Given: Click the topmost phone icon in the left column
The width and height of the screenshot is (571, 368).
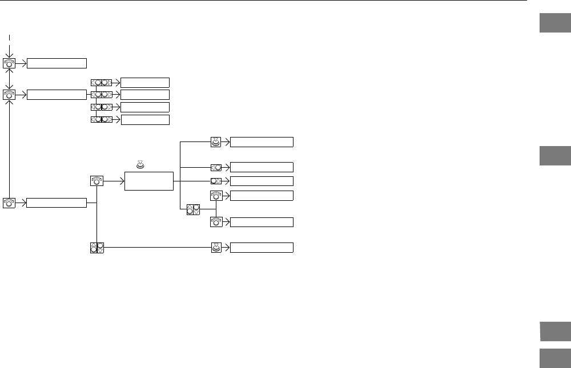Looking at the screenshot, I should point(10,63).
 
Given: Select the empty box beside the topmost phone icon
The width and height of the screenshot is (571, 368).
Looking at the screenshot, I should point(57,63).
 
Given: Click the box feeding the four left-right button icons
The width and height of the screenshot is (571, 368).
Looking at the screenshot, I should point(57,94).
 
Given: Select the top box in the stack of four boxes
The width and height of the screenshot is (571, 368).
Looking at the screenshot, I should point(145,82).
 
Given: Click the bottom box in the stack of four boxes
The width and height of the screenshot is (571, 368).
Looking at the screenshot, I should point(145,119).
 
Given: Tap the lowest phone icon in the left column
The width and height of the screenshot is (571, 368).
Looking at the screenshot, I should point(10,203).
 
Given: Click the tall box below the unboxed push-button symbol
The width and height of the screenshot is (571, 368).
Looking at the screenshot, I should point(148,180).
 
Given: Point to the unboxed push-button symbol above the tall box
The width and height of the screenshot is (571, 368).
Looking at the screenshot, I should point(139,165).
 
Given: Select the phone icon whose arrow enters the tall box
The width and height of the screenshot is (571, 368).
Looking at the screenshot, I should point(97,180).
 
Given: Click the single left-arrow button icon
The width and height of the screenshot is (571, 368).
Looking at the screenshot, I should point(216,167).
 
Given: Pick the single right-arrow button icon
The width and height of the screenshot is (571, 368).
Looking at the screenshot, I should point(216,181).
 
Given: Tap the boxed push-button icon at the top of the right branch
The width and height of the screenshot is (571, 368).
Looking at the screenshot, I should point(216,142).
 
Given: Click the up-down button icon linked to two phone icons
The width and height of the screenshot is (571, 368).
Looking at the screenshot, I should point(193,209).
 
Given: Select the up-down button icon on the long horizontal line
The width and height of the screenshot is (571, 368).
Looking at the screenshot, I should point(97,248).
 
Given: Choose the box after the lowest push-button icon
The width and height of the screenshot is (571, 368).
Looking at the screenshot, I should point(262,248).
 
